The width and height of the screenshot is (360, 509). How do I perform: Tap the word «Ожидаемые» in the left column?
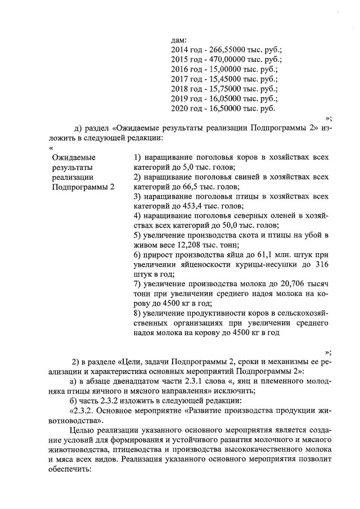[x=73, y=157]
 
